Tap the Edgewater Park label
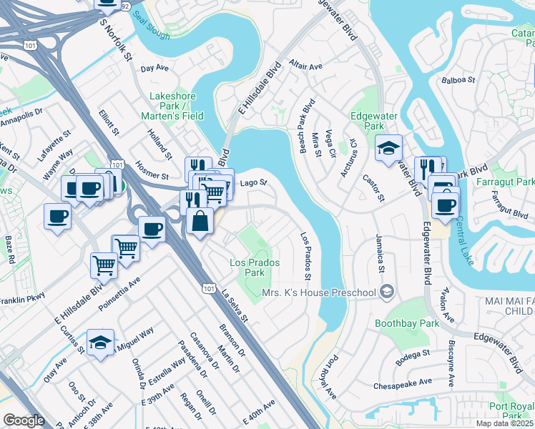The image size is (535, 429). (x=368, y=120)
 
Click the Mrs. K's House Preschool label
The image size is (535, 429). (x=318, y=292)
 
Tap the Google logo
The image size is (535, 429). (x=24, y=420)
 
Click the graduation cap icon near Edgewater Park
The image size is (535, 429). (x=388, y=149)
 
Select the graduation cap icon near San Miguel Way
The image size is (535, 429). (x=100, y=343)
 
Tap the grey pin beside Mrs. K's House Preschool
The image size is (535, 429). (x=387, y=291)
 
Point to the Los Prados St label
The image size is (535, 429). (x=307, y=255)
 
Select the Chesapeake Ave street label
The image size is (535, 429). (x=403, y=384)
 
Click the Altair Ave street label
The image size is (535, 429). (x=306, y=66)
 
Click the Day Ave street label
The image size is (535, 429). (x=154, y=69)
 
